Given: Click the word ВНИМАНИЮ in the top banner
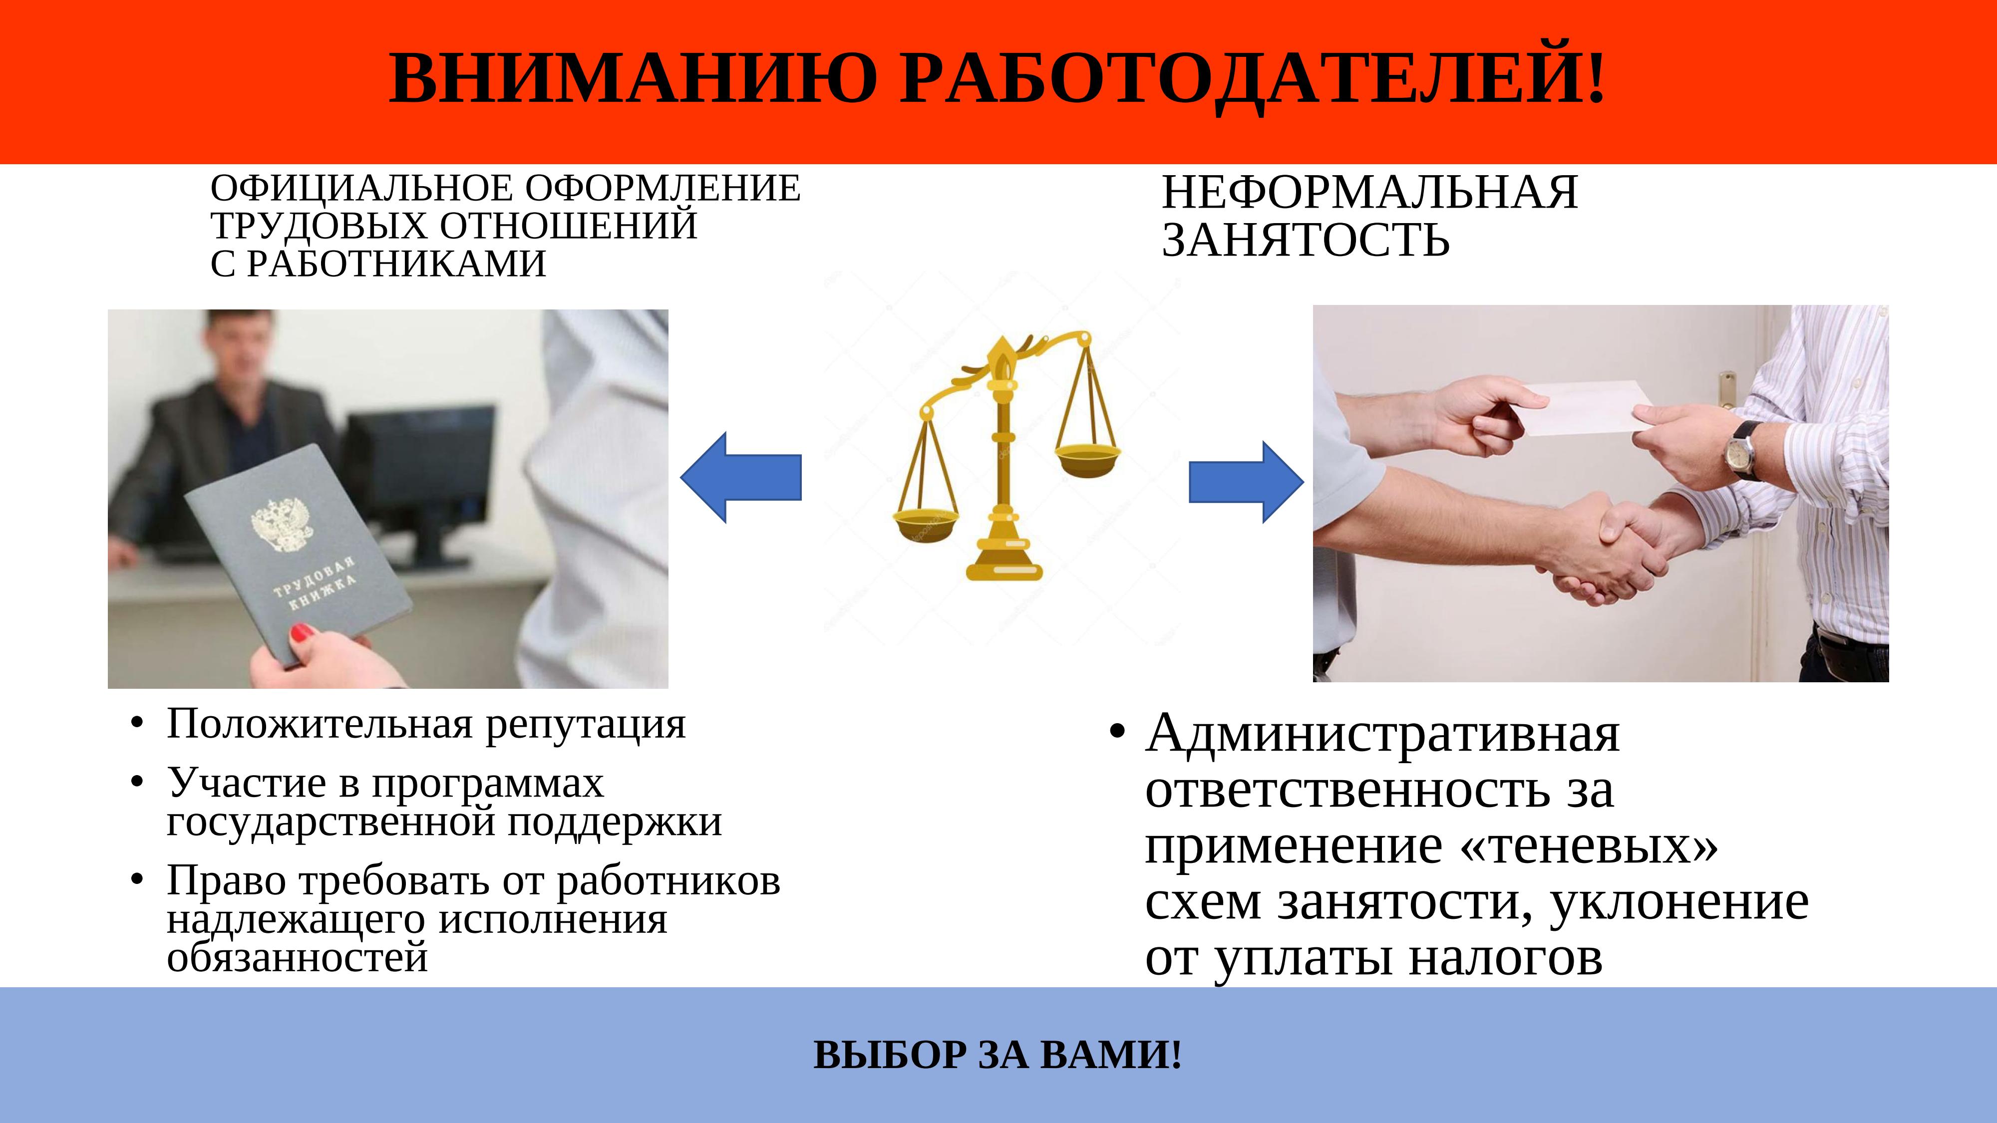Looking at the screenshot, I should (633, 78).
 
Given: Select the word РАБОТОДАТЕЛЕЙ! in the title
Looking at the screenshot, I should (1253, 78).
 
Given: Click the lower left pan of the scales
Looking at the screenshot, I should (927, 525).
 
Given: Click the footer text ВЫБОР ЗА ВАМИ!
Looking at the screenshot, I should (998, 1055).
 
